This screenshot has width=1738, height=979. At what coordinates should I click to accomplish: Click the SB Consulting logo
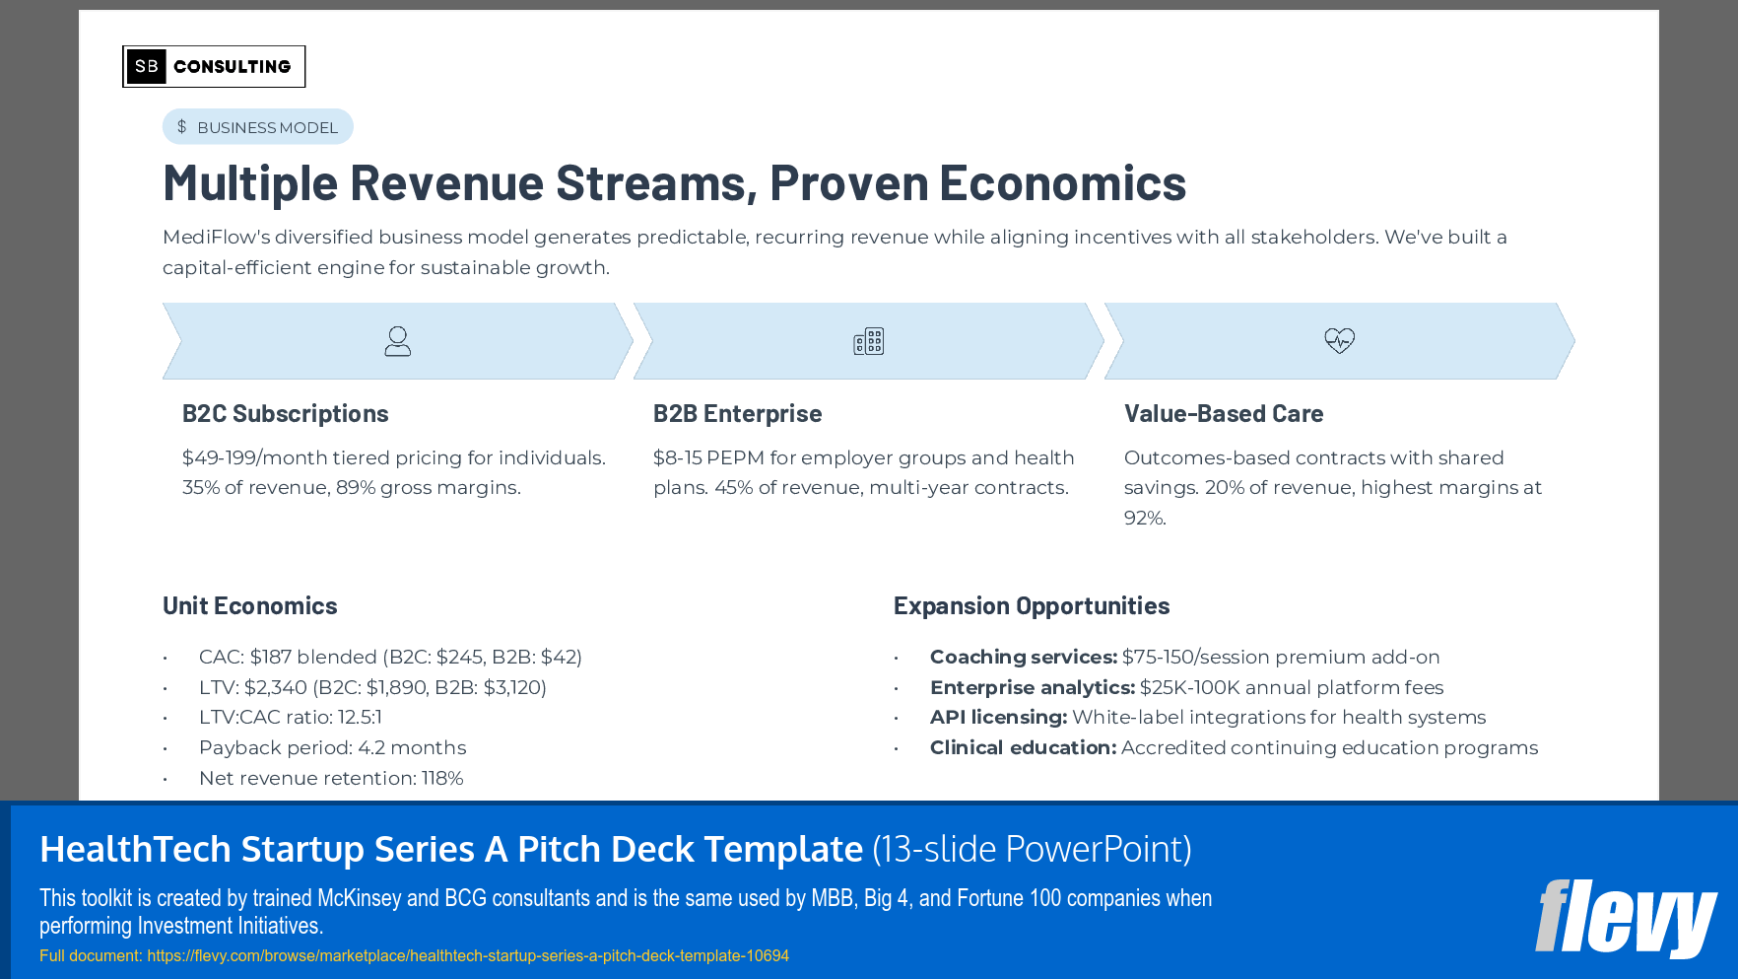[214, 66]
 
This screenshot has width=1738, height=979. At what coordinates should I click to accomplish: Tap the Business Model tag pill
[257, 127]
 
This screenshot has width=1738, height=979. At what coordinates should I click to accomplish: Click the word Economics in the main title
[1062, 183]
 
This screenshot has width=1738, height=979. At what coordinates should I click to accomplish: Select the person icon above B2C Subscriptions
[397, 341]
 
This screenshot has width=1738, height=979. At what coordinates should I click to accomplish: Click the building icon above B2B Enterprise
[868, 341]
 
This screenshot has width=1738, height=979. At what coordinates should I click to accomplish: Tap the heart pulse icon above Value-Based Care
[1339, 341]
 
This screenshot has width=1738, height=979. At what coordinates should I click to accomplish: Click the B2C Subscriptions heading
[285, 414]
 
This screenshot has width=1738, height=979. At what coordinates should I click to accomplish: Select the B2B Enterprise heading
[737, 414]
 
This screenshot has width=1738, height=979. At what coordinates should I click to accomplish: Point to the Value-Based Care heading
[1223, 414]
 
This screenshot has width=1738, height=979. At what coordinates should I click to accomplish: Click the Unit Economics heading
[249, 606]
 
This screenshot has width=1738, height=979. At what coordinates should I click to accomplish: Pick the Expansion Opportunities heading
[1031, 606]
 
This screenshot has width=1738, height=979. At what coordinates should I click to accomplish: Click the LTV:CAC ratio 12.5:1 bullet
[291, 718]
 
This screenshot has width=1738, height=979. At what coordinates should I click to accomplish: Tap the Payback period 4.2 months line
[332, 748]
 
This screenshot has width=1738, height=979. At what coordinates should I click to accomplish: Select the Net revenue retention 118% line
[331, 779]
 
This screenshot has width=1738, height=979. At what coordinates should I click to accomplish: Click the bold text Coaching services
[1023, 658]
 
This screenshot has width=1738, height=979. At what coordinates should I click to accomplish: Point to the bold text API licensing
[998, 718]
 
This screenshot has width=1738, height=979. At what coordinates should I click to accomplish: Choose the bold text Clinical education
[1023, 748]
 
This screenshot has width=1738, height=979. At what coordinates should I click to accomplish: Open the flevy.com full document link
[468, 955]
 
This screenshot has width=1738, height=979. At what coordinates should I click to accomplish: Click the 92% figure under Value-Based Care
[1144, 519]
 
